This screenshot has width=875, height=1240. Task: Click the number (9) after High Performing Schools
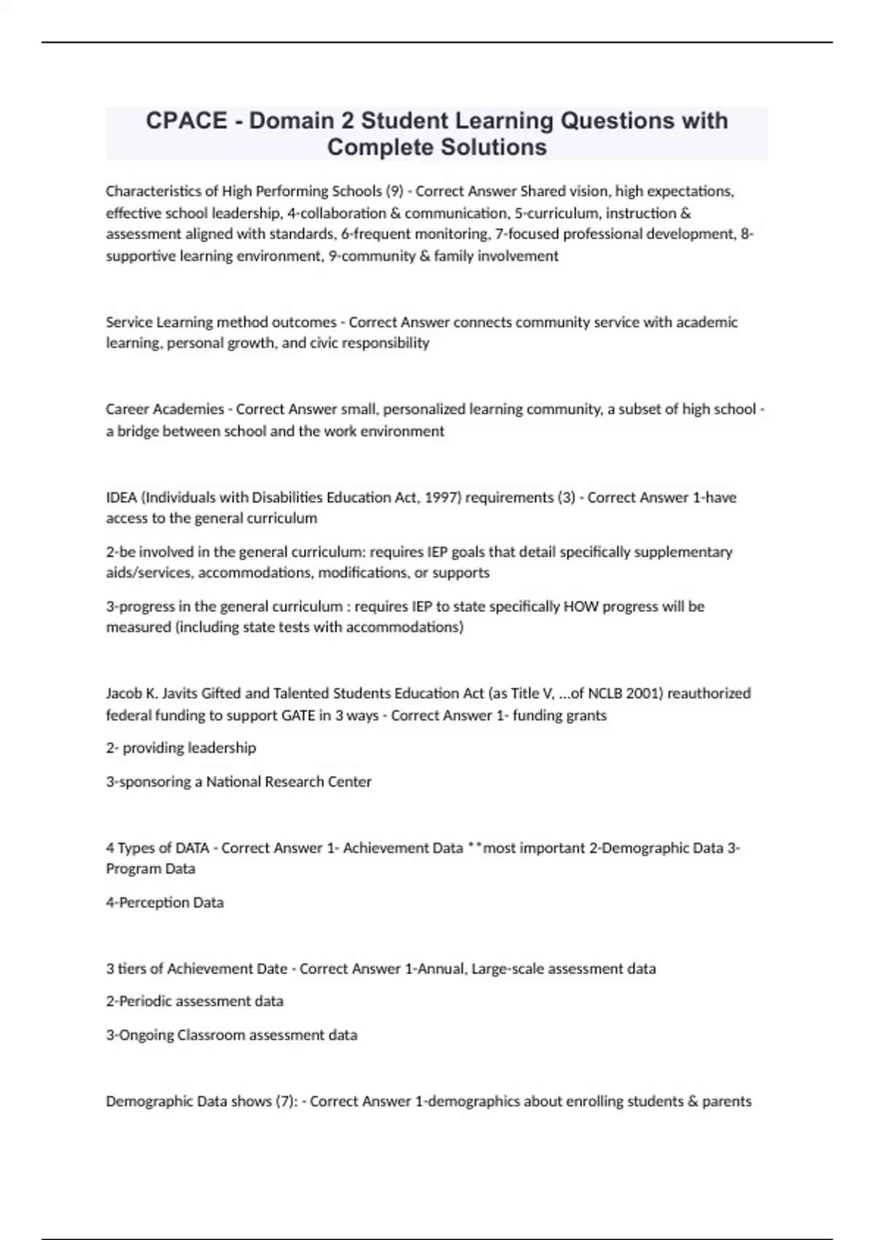pyautogui.click(x=394, y=191)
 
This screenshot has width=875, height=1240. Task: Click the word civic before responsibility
pyautogui.click(x=327, y=343)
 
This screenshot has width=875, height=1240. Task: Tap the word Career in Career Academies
pyautogui.click(x=128, y=409)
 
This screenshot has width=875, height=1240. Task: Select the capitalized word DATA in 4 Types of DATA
pyautogui.click(x=192, y=848)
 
